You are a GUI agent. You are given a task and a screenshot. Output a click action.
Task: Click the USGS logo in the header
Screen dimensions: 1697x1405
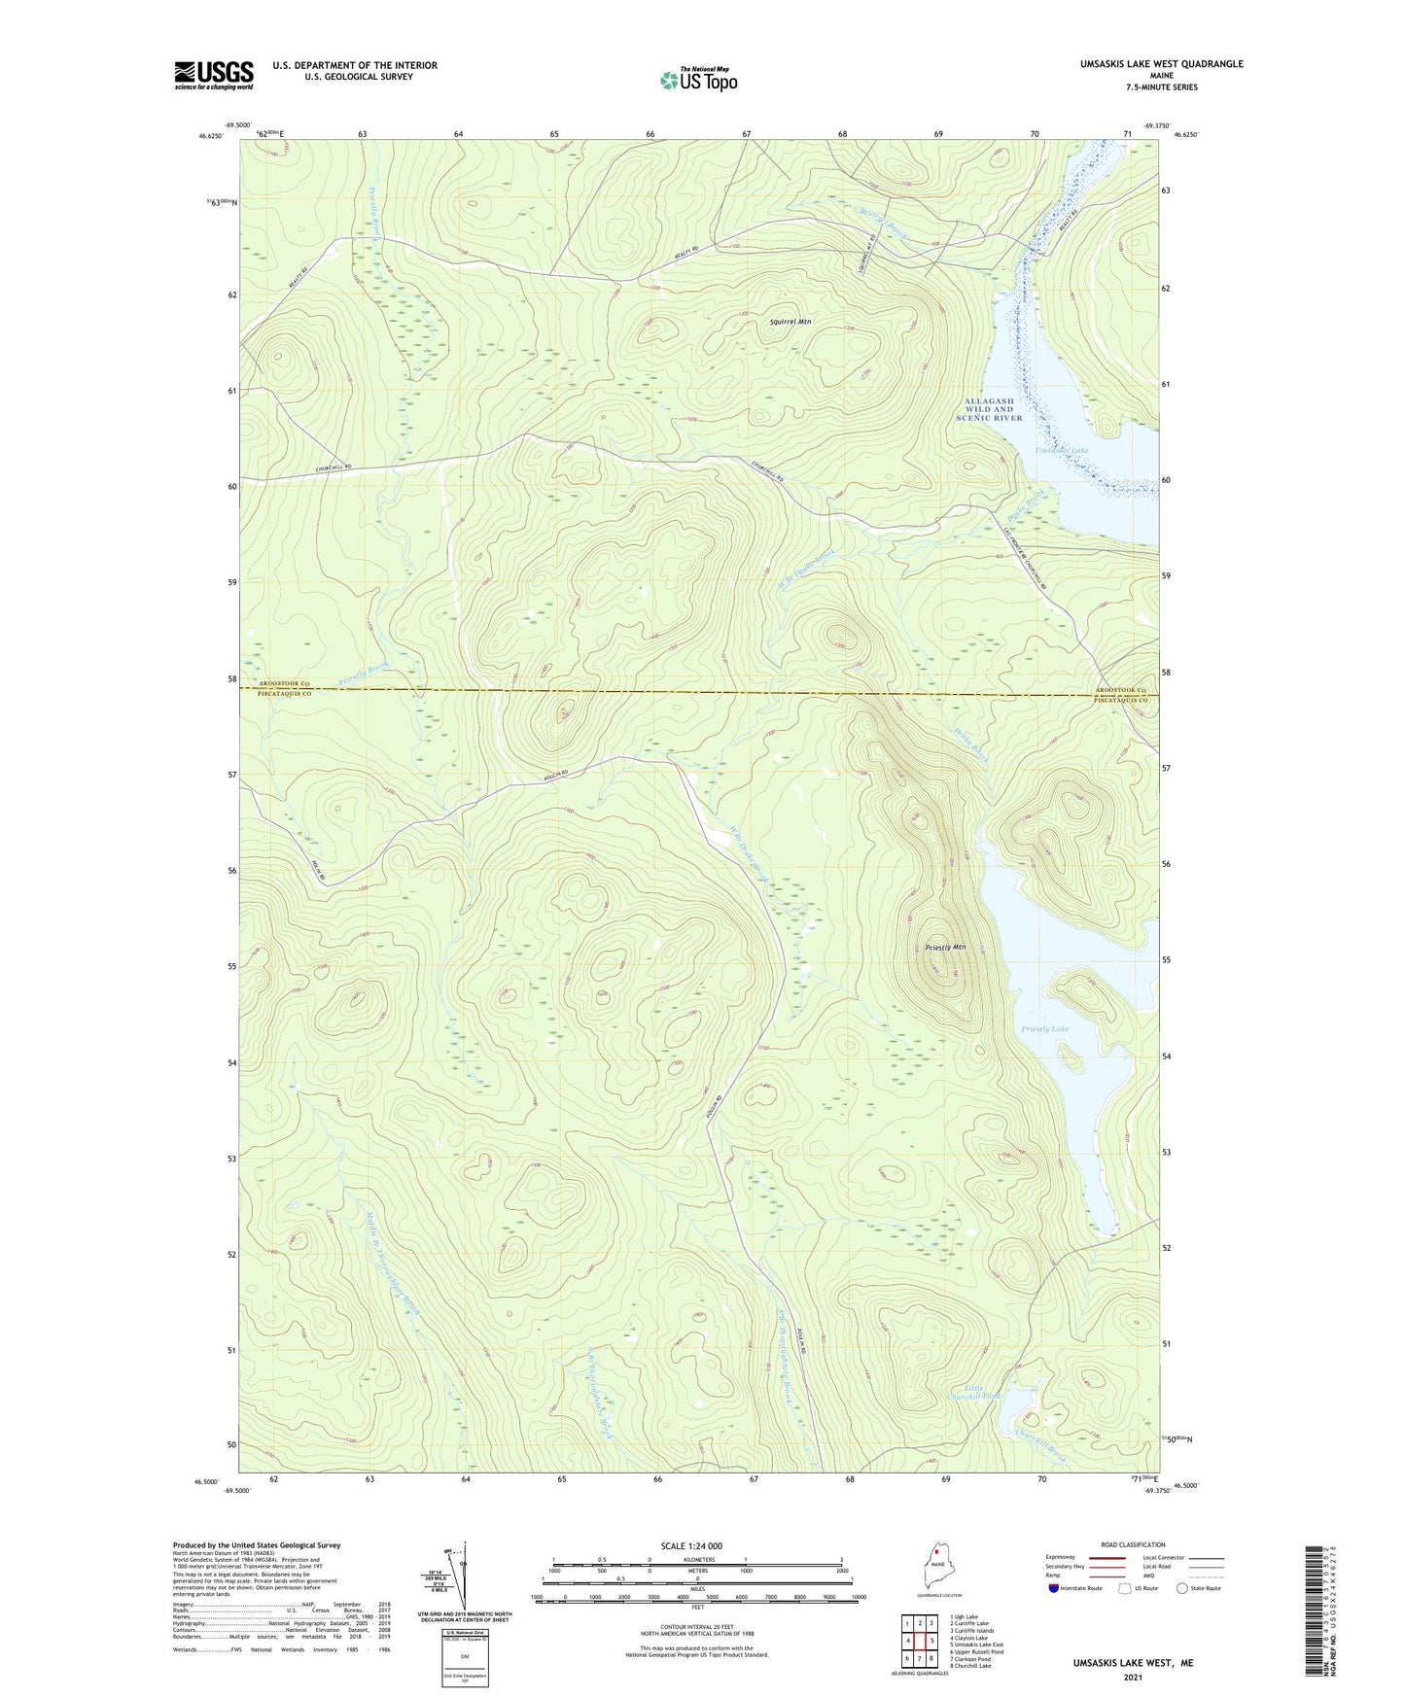click(214, 75)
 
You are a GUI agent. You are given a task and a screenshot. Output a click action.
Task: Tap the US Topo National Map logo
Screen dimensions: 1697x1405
click(698, 80)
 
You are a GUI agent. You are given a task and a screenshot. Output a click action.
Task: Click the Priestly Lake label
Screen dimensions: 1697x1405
click(1045, 1028)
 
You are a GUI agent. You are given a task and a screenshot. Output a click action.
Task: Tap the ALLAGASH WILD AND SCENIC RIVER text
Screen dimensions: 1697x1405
click(990, 409)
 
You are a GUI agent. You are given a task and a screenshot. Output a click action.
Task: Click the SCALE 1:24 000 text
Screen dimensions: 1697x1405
click(690, 1546)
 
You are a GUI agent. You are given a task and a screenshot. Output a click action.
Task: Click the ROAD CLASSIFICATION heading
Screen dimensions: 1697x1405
click(1134, 1544)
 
